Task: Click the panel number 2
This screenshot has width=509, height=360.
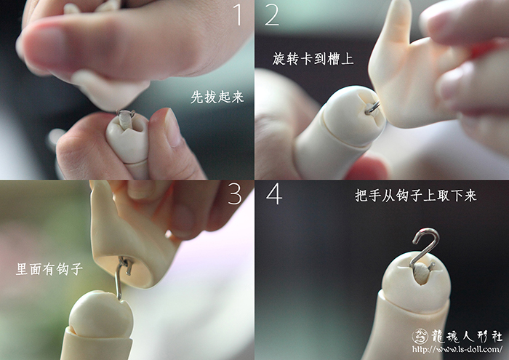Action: click(x=272, y=15)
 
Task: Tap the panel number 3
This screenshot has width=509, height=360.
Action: click(x=235, y=193)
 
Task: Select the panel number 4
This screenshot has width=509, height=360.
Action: click(x=274, y=193)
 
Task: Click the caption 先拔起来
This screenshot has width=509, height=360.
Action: click(x=217, y=97)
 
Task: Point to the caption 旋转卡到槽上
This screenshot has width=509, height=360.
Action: click(x=313, y=59)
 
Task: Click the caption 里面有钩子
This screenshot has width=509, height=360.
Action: click(x=49, y=269)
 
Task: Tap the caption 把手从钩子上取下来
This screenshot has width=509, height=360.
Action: click(x=415, y=196)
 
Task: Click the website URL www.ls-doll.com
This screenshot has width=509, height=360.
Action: click(x=457, y=349)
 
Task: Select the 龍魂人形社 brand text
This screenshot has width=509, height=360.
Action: click(x=467, y=336)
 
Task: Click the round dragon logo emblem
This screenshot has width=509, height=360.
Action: click(x=420, y=336)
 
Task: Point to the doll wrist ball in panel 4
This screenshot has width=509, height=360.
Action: click(x=416, y=281)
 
